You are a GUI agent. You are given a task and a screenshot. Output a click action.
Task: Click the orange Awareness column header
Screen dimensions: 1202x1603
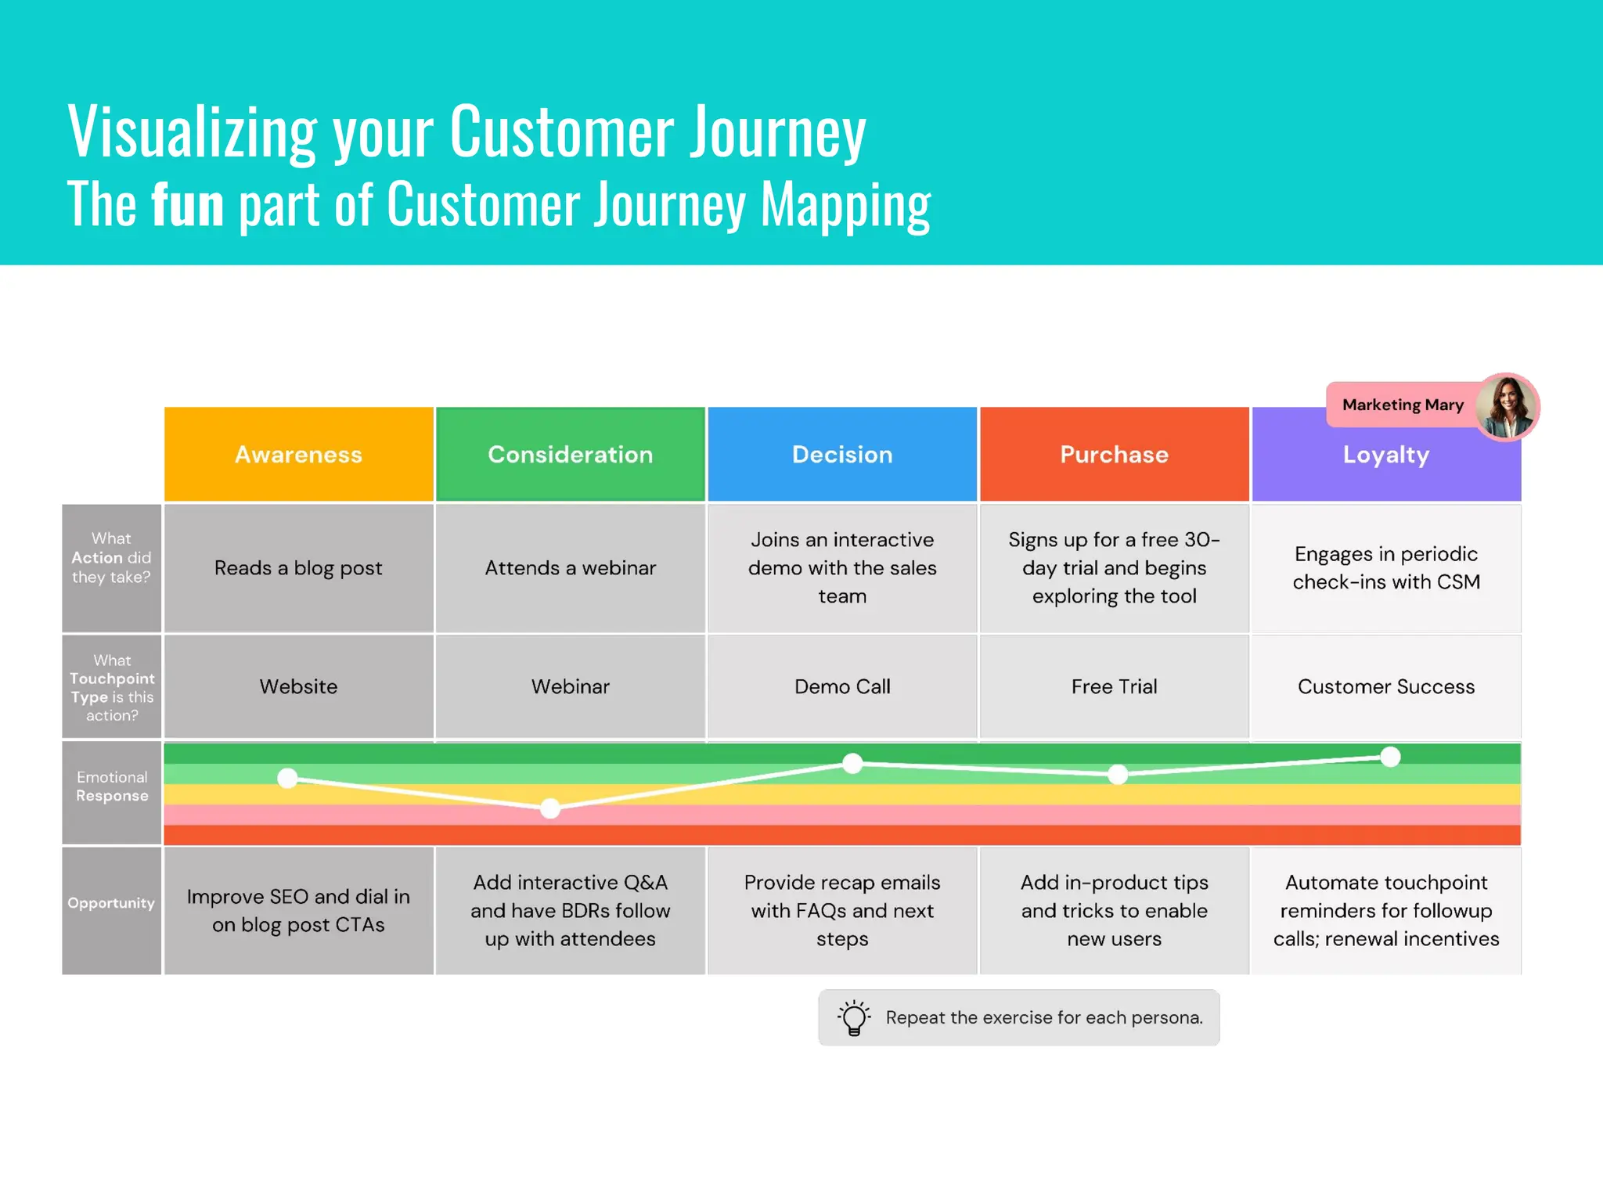[x=298, y=455]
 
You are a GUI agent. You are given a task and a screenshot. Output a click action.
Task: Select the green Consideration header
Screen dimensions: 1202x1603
[x=570, y=455]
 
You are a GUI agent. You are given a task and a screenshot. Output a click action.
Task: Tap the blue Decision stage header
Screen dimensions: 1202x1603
[x=842, y=455]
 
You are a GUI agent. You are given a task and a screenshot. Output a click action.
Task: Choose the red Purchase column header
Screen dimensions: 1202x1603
[x=1114, y=455]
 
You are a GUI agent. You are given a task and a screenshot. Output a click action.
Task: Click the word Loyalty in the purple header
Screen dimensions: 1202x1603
[x=1385, y=455]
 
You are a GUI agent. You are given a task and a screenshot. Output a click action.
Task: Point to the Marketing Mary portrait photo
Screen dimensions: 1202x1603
[x=1507, y=407]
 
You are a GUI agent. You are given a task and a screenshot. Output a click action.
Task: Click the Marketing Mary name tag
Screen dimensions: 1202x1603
[x=1402, y=405]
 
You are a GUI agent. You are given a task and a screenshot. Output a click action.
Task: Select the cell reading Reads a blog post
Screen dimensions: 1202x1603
[x=298, y=568]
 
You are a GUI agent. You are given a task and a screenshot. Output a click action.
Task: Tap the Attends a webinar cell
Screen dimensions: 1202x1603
[x=570, y=568]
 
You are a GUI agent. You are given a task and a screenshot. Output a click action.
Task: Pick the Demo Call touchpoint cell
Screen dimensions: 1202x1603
[x=842, y=686]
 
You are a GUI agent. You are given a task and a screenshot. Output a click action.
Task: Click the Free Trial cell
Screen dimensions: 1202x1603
[x=1114, y=686]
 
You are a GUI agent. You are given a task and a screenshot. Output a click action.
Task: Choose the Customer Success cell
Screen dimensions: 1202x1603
[x=1385, y=686]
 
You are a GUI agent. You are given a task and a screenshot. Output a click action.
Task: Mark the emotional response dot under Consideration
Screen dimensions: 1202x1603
[x=550, y=808]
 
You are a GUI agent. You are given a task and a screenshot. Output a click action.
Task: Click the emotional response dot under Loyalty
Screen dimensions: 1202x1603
[x=1390, y=757]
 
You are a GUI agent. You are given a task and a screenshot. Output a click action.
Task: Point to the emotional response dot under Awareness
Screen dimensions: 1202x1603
[x=288, y=778]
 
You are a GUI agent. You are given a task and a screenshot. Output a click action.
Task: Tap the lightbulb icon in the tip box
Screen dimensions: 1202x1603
[x=854, y=1017]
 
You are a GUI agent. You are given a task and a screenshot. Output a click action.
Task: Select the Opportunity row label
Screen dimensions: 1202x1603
[x=111, y=903]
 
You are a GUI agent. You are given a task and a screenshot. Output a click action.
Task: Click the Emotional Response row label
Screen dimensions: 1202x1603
[x=112, y=786]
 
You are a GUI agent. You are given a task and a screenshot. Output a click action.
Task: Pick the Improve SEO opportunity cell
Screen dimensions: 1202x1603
[x=298, y=911]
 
